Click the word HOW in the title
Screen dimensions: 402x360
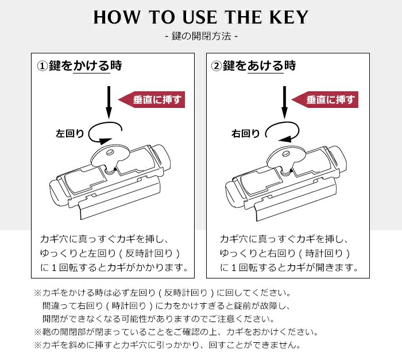click(x=117, y=17)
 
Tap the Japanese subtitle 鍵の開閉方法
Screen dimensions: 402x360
click(x=202, y=36)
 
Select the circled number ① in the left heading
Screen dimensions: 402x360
click(x=42, y=66)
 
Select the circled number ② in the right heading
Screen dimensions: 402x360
click(x=217, y=66)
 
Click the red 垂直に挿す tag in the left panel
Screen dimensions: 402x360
click(x=152, y=99)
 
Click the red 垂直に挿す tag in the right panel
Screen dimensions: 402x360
click(x=325, y=99)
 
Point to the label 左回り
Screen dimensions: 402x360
click(x=69, y=134)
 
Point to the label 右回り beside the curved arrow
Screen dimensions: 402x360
click(x=246, y=134)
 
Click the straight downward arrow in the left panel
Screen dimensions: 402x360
click(x=109, y=103)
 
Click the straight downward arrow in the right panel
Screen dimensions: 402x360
click(x=284, y=103)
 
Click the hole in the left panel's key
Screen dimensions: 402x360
click(x=110, y=152)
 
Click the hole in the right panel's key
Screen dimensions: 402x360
click(x=286, y=154)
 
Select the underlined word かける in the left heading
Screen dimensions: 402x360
click(x=91, y=66)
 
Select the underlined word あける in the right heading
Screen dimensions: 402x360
click(x=265, y=66)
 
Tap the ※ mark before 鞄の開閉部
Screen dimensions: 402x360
click(x=38, y=332)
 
